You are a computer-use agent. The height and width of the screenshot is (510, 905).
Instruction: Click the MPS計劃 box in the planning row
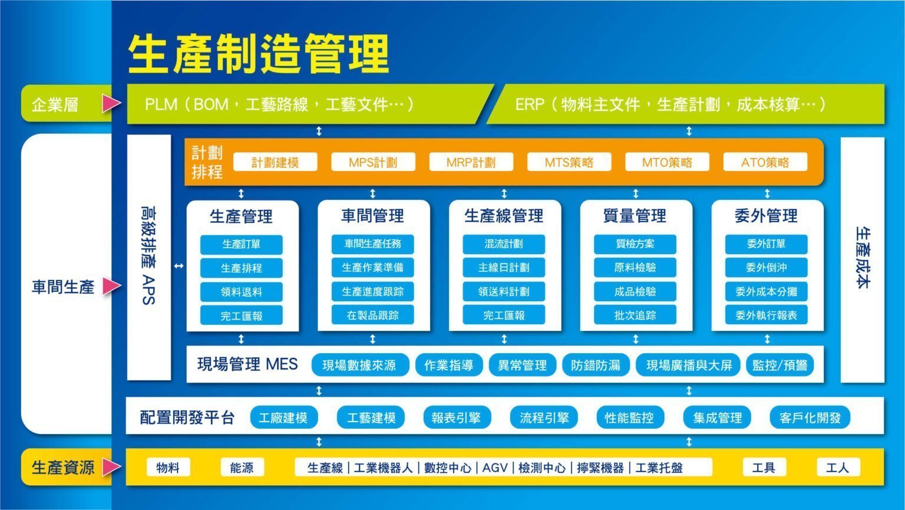pos(373,162)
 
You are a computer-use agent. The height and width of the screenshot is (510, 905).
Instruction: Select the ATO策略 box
pos(765,162)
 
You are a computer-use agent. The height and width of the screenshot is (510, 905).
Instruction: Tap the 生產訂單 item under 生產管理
pos(241,244)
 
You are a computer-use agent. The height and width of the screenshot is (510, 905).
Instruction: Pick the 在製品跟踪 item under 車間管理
pos(372,315)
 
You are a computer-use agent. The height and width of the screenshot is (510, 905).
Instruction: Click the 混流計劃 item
pos(504,244)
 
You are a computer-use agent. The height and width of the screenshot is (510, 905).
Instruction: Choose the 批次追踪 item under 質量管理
pos(635,315)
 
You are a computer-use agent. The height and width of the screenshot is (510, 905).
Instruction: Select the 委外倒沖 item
pos(766,268)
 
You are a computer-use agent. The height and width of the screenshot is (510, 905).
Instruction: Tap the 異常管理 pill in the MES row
pos(522,366)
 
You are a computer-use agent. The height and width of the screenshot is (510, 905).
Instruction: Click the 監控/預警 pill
pos(780,366)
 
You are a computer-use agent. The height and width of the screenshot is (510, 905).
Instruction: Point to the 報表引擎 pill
pos(456,418)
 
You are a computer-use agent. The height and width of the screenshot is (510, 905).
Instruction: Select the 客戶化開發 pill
pos(810,418)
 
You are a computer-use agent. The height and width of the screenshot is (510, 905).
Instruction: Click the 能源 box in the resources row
pos(242,468)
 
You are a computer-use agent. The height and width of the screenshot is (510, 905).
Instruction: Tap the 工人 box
pos(837,468)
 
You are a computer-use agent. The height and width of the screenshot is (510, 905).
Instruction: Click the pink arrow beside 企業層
pos(111,104)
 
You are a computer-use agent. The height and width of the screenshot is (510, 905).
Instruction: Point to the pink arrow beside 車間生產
pos(111,287)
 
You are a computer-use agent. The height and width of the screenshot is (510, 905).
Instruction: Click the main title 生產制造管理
pos(258,54)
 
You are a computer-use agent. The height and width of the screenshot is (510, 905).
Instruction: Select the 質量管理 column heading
pos(635,216)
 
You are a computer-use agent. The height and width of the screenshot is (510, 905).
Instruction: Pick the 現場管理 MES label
pos(247,364)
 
